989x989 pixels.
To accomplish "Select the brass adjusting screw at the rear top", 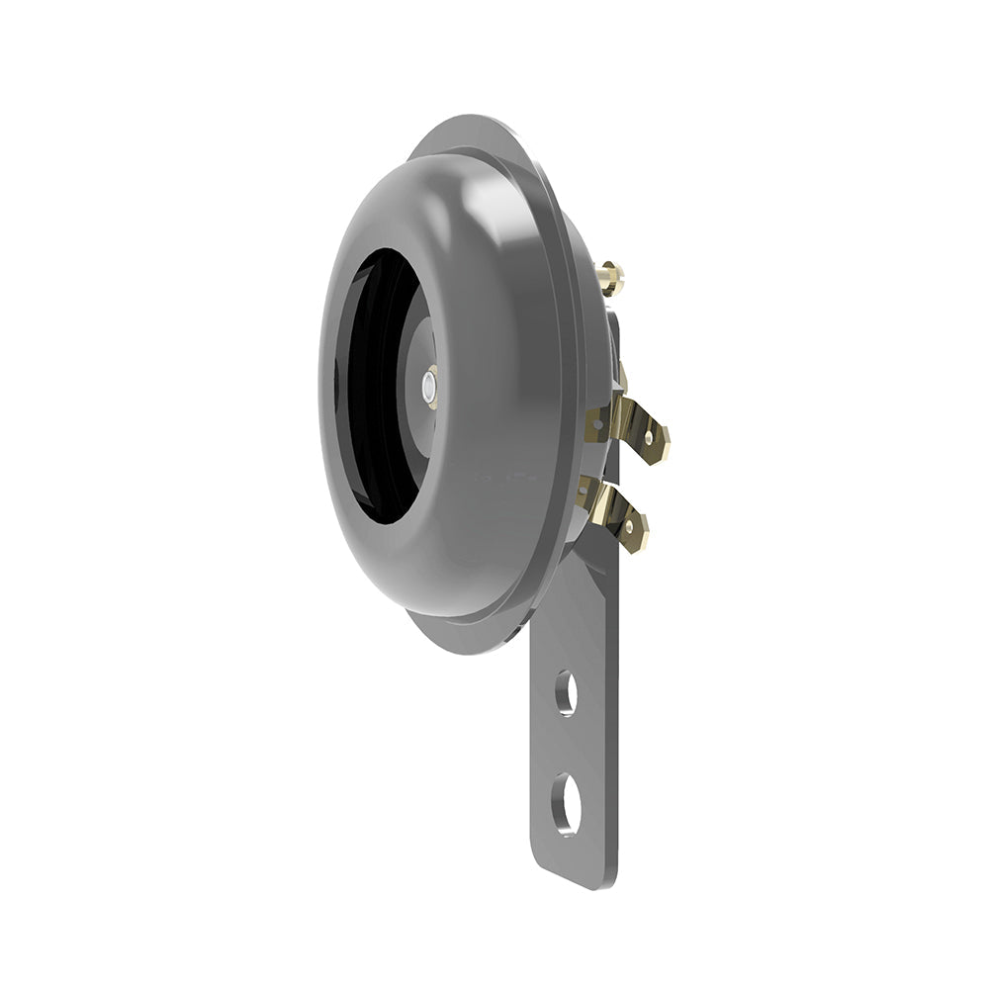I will coord(611,276).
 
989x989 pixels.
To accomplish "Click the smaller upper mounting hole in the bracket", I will coord(566,692).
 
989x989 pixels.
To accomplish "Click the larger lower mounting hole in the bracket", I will coord(567,802).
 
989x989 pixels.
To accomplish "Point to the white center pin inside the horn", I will coord(430,387).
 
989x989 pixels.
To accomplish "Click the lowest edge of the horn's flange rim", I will coord(465,651).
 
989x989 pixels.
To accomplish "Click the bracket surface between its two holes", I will coord(566,747).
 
